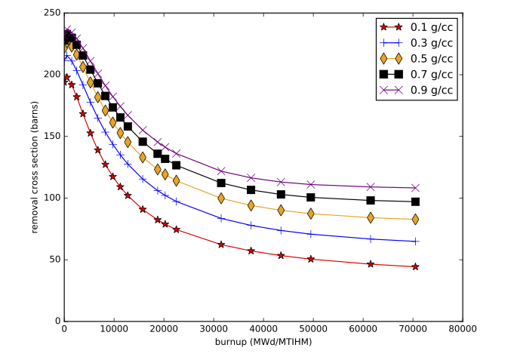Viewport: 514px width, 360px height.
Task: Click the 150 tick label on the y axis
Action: point(52,137)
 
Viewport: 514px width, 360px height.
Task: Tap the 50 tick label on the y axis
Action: point(55,260)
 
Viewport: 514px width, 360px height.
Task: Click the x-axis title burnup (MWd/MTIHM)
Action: point(263,342)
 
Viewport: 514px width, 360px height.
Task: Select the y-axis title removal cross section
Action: point(35,168)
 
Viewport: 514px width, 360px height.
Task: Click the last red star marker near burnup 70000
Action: point(415,266)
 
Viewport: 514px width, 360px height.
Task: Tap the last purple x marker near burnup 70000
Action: point(415,187)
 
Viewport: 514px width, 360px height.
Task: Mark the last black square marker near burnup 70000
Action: point(415,202)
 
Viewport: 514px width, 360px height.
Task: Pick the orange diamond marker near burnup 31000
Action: point(221,198)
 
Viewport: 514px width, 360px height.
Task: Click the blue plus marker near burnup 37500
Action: point(251,225)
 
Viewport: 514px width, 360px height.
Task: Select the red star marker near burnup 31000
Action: point(221,245)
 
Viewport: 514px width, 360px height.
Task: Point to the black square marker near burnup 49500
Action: point(311,197)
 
